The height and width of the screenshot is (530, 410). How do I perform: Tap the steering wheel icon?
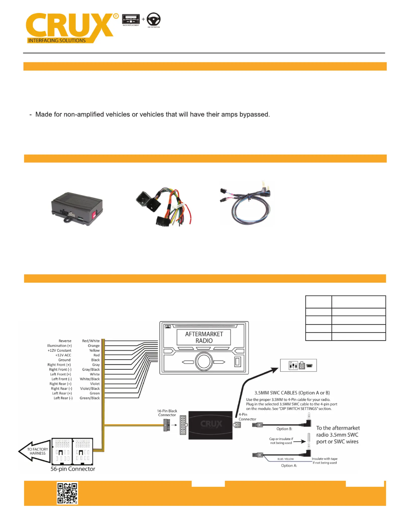153,19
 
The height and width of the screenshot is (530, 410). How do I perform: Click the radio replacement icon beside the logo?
131,19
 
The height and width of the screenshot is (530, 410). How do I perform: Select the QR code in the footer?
67,493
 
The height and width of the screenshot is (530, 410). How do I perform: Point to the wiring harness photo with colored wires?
163,206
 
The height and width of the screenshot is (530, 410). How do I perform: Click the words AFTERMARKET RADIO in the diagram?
204,337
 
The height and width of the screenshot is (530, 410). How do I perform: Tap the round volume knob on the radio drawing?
204,361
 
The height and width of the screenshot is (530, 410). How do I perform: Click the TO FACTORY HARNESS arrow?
35,451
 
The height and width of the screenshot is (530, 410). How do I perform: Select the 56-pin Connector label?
73,469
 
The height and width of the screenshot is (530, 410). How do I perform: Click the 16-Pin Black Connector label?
167,413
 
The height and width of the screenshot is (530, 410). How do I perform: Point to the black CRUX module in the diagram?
211,425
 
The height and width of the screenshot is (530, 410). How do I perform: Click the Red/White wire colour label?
91,341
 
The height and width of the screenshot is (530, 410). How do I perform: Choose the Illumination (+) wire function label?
59,346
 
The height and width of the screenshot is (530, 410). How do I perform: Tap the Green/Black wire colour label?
90,398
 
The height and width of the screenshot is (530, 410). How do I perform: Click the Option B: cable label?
284,429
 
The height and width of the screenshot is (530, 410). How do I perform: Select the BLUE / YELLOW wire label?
285,459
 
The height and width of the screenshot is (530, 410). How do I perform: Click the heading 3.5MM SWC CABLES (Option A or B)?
292,393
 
